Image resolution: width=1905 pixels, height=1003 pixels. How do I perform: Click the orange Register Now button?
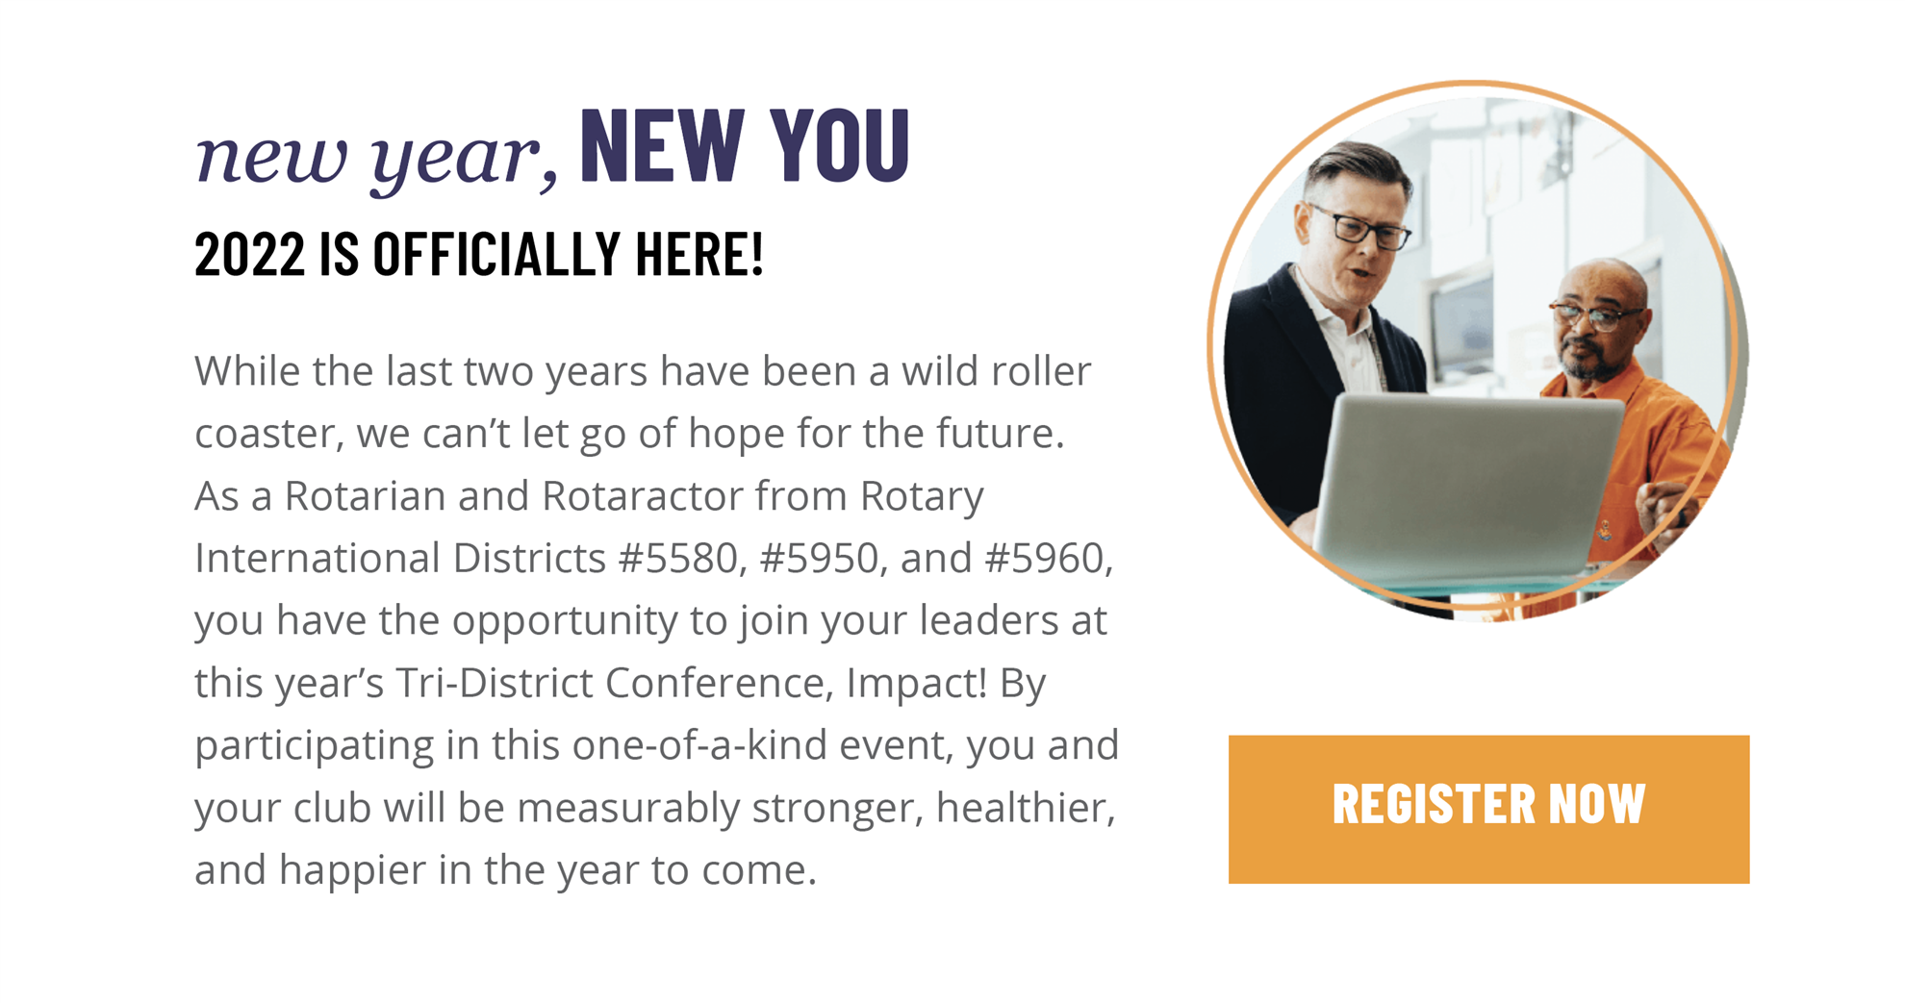pyautogui.click(x=1488, y=809)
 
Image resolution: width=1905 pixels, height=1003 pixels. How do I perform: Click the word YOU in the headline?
pyautogui.click(x=840, y=145)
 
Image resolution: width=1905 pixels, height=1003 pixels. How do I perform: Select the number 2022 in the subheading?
pyautogui.click(x=249, y=255)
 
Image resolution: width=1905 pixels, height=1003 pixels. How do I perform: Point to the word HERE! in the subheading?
pyautogui.click(x=699, y=255)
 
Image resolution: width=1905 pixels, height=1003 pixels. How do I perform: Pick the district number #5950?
pyautogui.click(x=819, y=558)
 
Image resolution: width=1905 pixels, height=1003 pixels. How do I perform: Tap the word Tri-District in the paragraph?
pyautogui.click(x=495, y=682)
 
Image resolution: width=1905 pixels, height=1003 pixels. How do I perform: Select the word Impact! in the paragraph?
pyautogui.click(x=917, y=682)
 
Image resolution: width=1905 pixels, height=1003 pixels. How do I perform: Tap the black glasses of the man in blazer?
pyautogui.click(x=1361, y=227)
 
